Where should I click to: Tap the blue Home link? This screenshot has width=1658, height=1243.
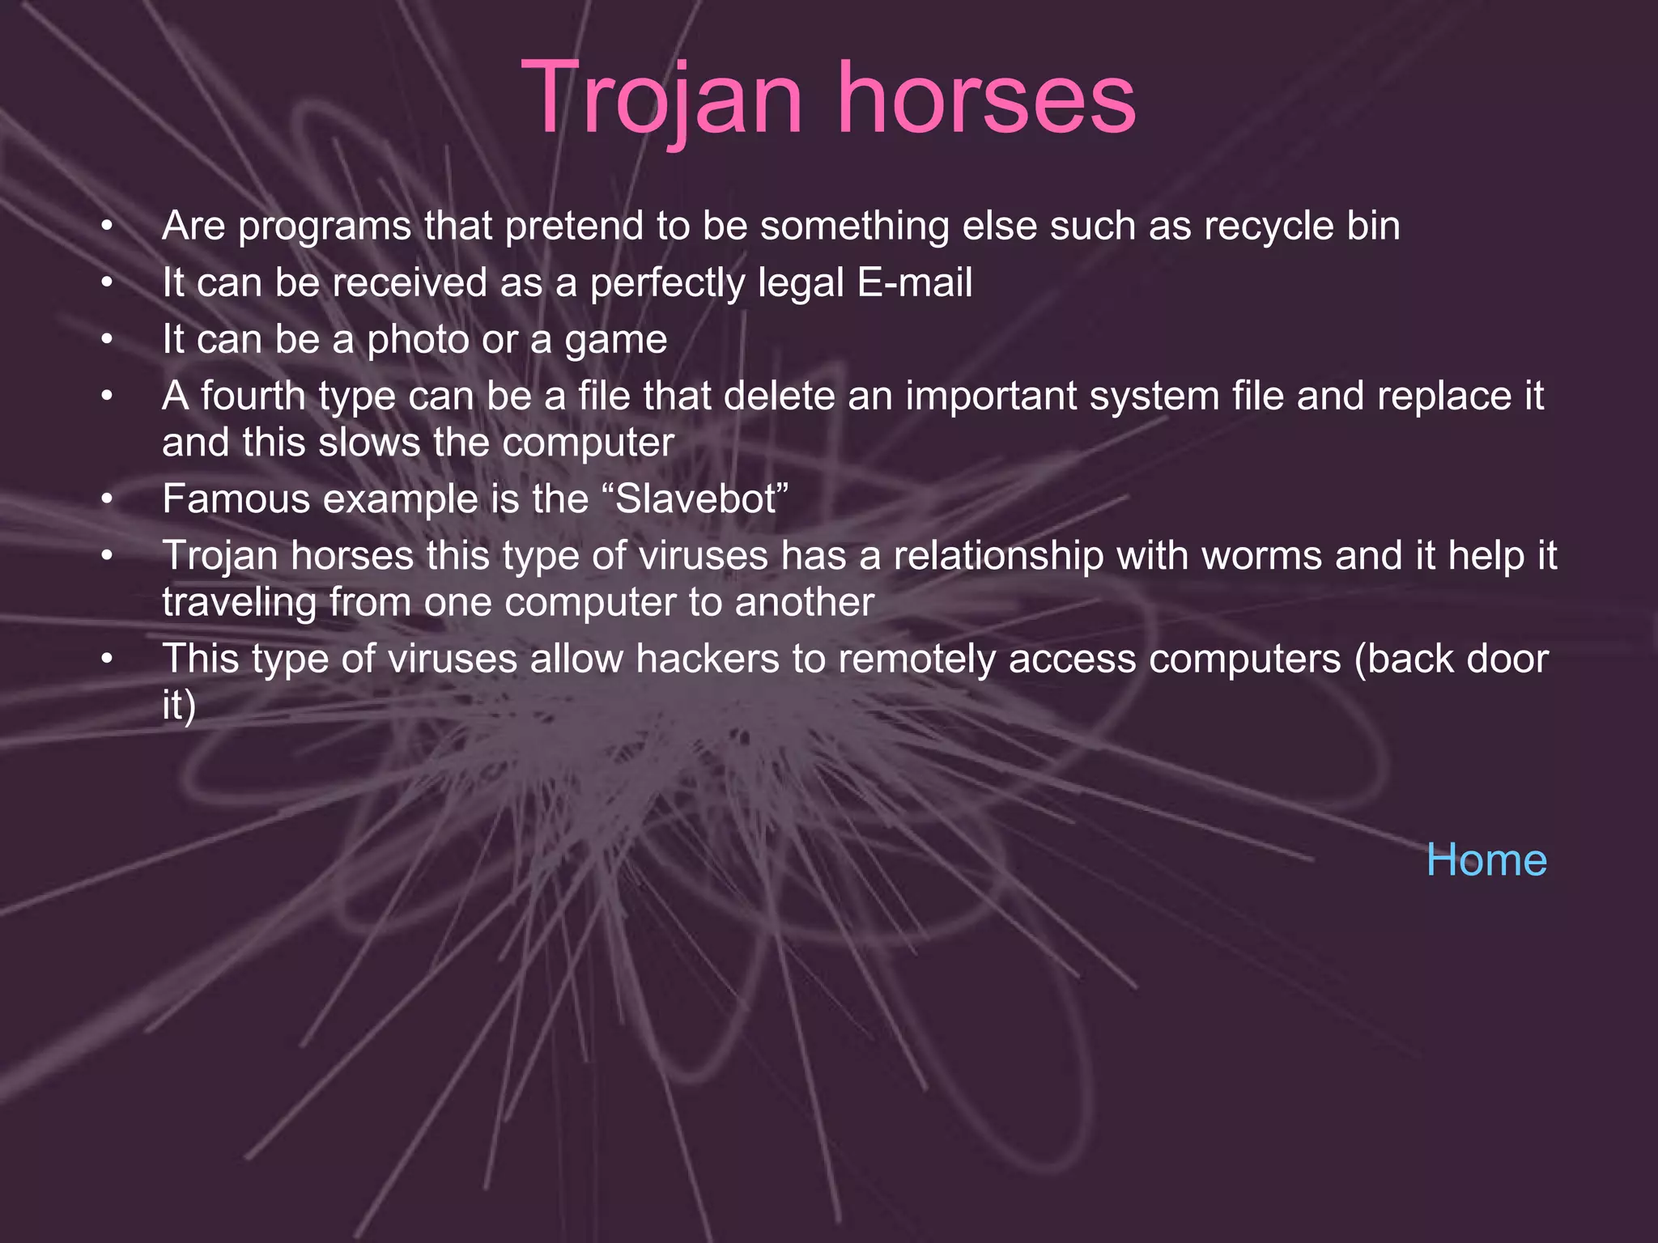(x=1486, y=859)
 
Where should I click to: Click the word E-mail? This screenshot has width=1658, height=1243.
(x=914, y=283)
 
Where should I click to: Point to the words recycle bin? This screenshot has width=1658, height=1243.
(x=1302, y=226)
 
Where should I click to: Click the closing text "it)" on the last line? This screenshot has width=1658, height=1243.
(x=179, y=706)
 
